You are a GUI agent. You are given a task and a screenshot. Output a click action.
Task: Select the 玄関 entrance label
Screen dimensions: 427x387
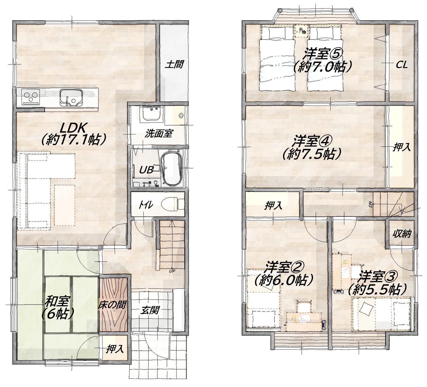click(151, 310)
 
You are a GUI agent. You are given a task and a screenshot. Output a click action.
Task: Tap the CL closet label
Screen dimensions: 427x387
click(401, 65)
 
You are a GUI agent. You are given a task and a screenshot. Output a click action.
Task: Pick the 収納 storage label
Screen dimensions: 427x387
click(401, 234)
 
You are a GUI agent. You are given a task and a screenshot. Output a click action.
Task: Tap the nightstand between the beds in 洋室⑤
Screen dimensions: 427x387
click(302, 31)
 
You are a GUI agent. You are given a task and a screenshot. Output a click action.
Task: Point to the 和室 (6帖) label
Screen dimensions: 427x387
click(57, 308)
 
